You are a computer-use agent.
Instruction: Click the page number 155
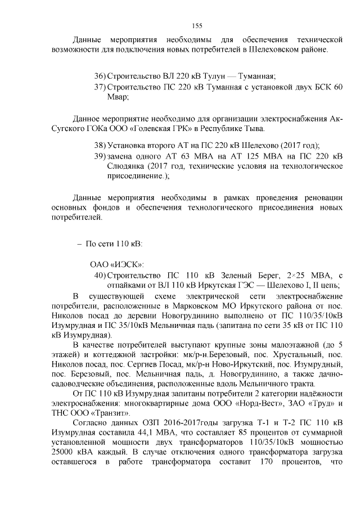(x=197, y=25)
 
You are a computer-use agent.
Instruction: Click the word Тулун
(x=213, y=76)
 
